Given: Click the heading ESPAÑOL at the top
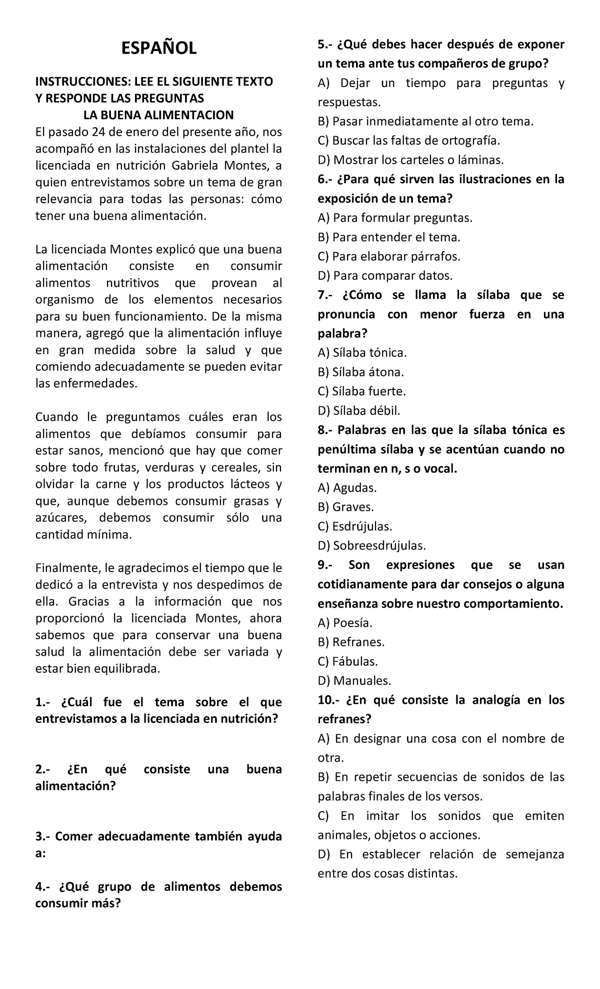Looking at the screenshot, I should point(159,49).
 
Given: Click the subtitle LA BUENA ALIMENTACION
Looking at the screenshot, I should point(158,115).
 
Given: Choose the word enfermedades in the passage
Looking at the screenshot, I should point(85,383).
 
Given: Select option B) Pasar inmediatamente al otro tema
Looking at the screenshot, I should point(425,121).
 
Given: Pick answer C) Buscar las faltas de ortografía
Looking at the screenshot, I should point(408,141).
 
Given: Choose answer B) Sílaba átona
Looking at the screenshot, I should point(360,372).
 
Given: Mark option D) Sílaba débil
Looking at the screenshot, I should point(359,411).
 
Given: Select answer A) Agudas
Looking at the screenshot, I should point(347,487).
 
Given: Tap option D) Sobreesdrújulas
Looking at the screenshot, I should point(372,546).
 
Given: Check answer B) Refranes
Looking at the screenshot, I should point(351,642).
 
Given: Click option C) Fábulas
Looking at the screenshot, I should point(347,661).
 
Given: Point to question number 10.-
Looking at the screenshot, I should point(328,700).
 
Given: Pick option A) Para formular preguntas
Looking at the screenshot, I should point(394,218).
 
